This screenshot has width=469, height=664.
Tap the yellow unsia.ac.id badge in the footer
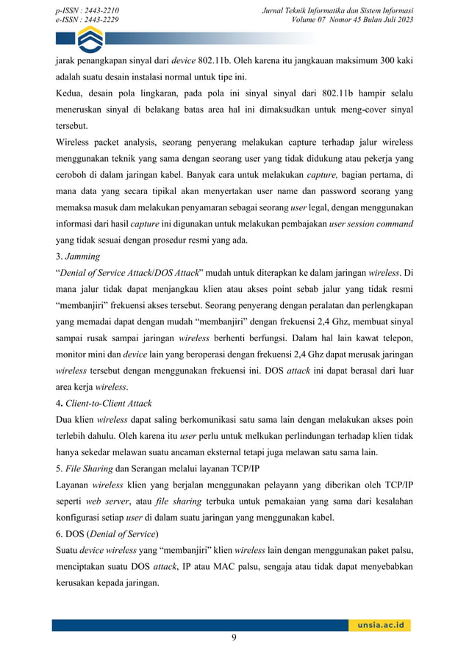tap(379, 625)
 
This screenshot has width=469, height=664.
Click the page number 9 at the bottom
tap(234, 638)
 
